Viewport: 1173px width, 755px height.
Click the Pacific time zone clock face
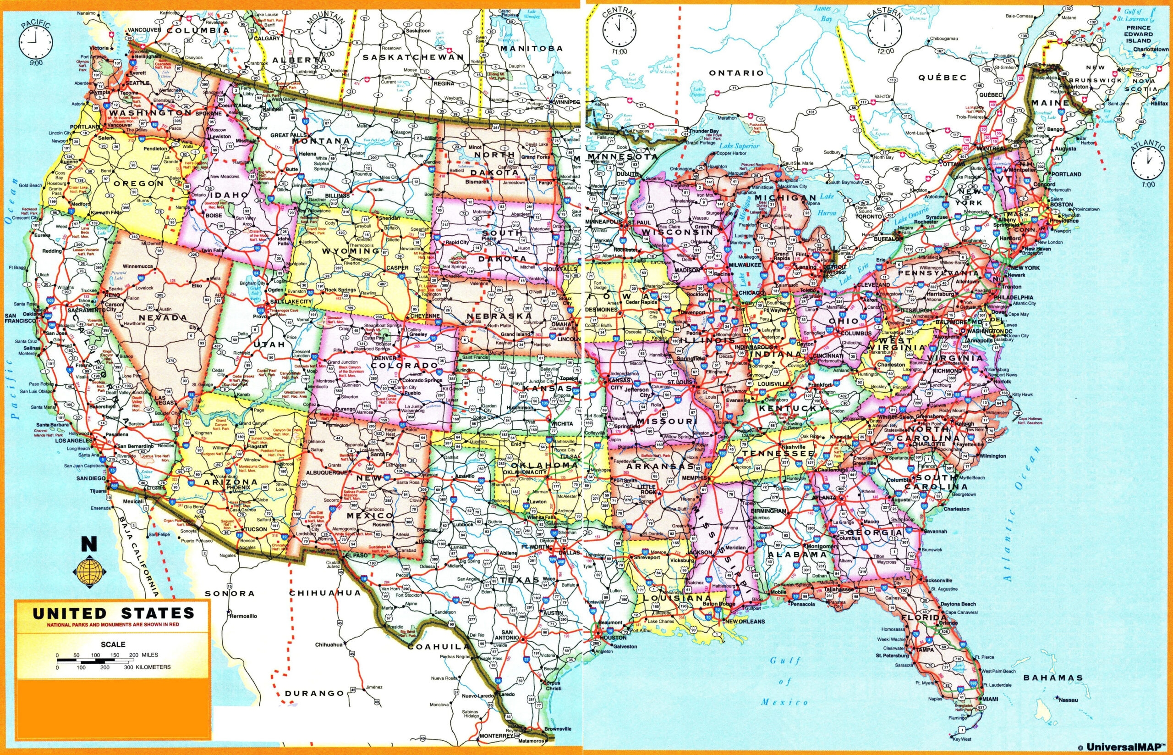click(x=35, y=40)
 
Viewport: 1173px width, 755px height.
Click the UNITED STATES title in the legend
click(x=113, y=613)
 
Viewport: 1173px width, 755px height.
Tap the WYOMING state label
click(x=351, y=250)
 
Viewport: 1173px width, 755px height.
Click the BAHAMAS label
click(x=1053, y=678)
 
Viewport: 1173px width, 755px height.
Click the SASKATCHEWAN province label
click(x=413, y=57)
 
